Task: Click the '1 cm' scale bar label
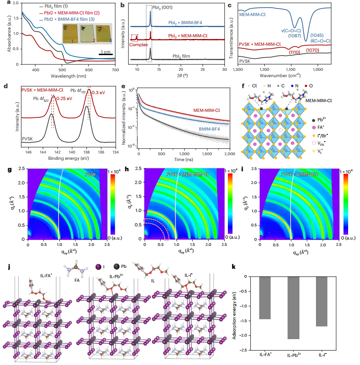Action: coord(106,51)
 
